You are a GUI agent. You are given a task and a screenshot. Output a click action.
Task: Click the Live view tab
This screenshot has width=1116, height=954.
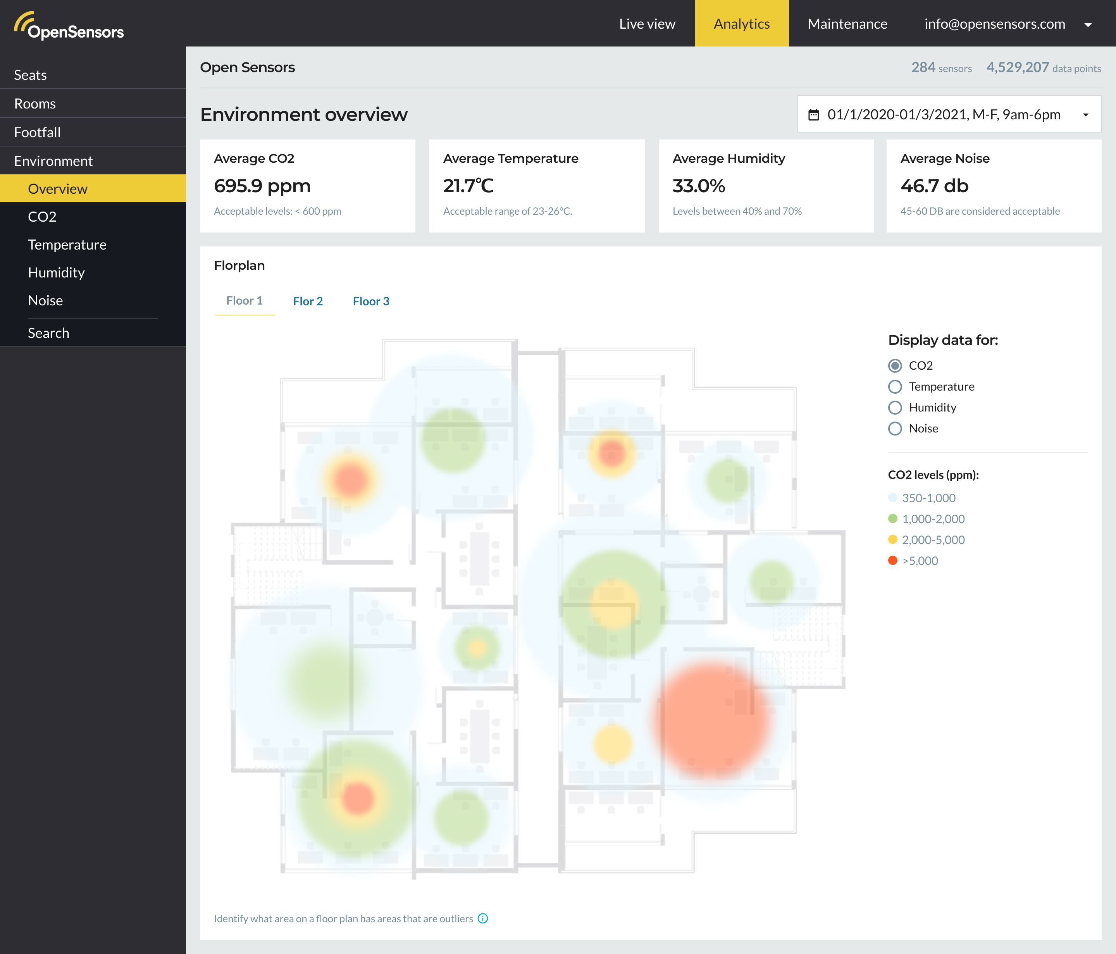647,24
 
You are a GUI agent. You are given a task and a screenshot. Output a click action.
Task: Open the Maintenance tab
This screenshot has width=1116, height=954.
847,24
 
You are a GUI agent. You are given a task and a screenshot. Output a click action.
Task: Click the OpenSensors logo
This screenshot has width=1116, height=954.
69,26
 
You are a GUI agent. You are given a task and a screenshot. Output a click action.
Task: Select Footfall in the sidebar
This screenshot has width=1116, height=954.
37,132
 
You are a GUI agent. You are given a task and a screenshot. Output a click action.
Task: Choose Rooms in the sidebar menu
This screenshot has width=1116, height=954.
35,103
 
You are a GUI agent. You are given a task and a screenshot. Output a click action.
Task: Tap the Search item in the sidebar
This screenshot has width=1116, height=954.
48,333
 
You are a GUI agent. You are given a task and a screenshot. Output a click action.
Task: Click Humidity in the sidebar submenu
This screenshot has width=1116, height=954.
56,272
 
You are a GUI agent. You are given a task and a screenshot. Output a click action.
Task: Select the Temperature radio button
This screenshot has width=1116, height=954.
895,387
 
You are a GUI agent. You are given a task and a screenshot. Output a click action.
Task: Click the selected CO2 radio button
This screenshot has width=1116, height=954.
895,366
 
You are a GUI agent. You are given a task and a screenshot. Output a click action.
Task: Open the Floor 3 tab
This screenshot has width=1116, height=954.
370,301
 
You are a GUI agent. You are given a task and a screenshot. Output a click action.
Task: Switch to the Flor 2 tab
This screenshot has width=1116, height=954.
308,301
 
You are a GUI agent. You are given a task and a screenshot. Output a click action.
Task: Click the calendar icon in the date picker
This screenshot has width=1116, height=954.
813,115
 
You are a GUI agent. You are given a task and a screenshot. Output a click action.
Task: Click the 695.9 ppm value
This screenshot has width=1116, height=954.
262,186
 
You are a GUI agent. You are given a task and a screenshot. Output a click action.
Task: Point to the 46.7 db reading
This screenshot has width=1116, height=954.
934,186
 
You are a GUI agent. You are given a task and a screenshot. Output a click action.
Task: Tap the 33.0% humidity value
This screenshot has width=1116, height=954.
699,186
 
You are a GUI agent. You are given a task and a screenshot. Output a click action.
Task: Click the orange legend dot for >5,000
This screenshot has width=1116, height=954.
892,560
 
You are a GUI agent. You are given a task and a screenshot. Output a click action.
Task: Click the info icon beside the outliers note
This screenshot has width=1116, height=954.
482,918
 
